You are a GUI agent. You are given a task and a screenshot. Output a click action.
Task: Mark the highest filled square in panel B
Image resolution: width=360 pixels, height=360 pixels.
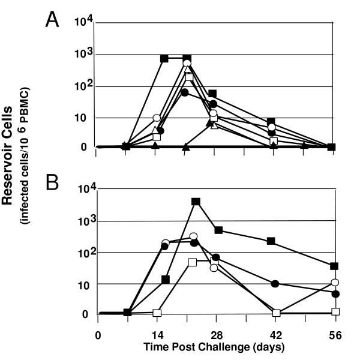(196, 202)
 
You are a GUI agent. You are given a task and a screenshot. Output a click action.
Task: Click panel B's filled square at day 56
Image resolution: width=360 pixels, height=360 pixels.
(335, 266)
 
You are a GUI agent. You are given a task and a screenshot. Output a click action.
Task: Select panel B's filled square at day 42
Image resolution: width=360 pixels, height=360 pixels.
(271, 241)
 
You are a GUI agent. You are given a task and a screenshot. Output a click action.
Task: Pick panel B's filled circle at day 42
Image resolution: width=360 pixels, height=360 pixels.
(275, 283)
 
